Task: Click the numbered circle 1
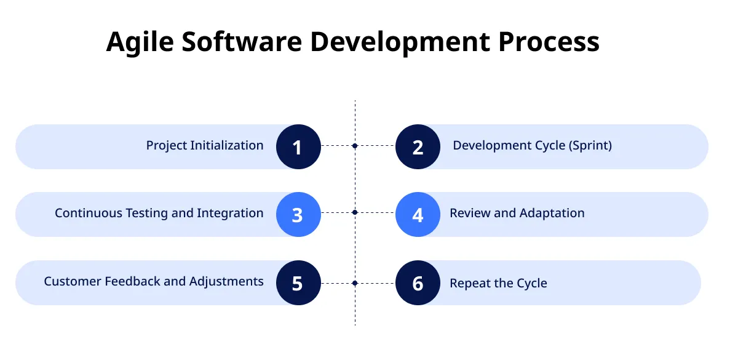298,146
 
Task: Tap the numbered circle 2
418,146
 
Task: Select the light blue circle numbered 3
298,214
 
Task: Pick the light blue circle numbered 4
418,214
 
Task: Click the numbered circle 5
298,282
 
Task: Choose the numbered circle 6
418,282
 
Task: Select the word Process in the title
548,42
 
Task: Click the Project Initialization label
204,146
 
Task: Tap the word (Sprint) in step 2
590,146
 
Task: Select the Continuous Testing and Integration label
159,214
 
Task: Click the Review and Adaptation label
517,214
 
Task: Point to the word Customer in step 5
72,281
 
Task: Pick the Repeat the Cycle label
498,283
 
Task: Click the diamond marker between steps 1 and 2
355,146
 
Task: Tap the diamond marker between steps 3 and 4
355,212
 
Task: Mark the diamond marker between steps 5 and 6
355,283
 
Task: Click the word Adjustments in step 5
226,282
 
